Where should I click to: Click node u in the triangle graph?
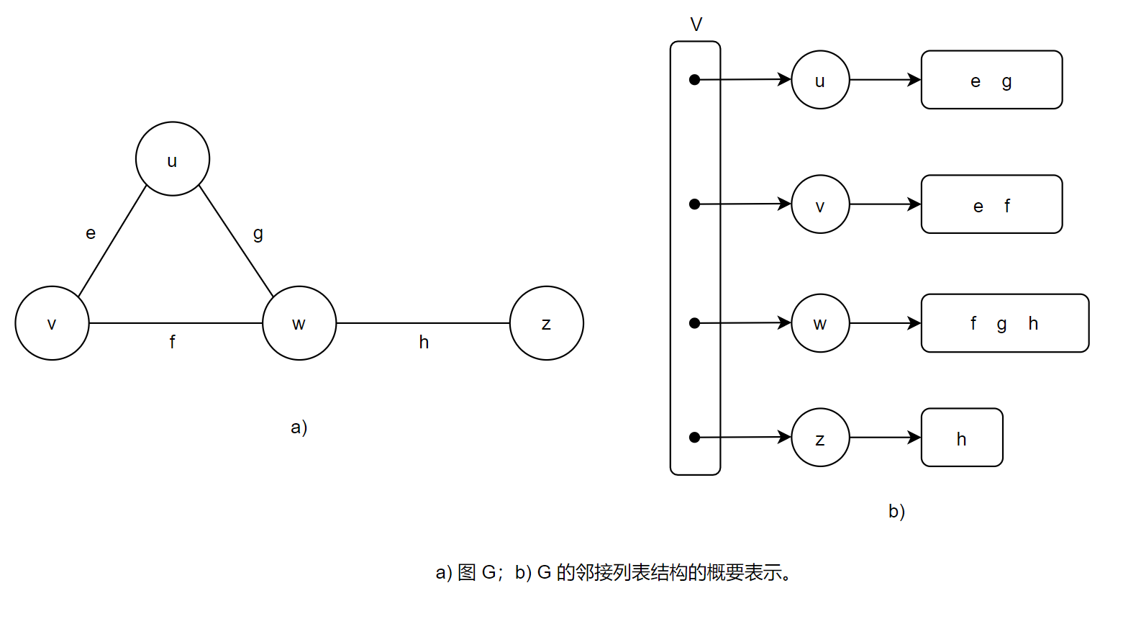click(x=173, y=159)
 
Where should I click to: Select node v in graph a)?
click(x=52, y=323)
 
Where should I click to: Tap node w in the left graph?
click(x=299, y=323)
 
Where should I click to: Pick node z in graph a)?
click(x=547, y=323)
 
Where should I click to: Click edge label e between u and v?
click(x=91, y=233)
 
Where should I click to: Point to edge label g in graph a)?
click(x=258, y=233)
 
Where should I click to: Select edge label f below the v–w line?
click(x=173, y=342)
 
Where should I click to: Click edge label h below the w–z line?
click(x=424, y=342)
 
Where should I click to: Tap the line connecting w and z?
click(x=423, y=323)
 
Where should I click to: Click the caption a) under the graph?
click(x=299, y=427)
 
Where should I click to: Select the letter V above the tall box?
click(x=696, y=25)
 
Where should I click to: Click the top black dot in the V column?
click(x=694, y=80)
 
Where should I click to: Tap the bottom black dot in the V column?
click(x=694, y=438)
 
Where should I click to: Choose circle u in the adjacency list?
click(x=820, y=80)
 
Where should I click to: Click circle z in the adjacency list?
click(x=820, y=438)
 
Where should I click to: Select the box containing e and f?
click(x=991, y=204)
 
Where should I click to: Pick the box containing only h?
click(x=962, y=438)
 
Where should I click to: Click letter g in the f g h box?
click(x=1001, y=324)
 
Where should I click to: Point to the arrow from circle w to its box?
click(x=885, y=323)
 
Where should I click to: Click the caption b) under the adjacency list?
click(x=896, y=511)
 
